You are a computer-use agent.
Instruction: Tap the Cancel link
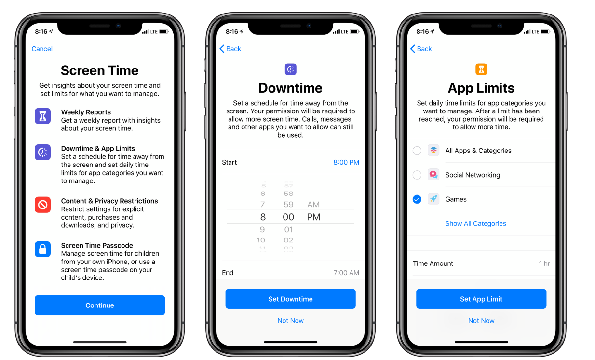tap(42, 49)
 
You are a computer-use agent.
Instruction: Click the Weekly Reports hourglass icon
tap(42, 116)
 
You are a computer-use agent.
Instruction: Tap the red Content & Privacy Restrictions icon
tap(42, 205)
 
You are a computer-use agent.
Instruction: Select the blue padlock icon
tap(42, 249)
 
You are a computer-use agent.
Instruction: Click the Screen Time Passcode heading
tap(97, 245)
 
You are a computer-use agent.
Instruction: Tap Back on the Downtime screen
tap(230, 49)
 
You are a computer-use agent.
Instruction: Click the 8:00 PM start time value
tap(346, 162)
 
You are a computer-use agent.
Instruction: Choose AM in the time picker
tap(313, 204)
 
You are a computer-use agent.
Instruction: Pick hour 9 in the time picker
tap(262, 229)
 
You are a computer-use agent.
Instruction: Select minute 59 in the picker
tap(288, 204)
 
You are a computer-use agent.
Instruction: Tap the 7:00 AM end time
tap(346, 273)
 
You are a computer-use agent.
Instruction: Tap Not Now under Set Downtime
tap(291, 321)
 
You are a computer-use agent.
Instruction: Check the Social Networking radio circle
tap(417, 175)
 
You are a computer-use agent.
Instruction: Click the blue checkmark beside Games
tap(417, 199)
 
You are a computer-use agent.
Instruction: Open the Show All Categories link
tap(476, 223)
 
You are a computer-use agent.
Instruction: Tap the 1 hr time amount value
tap(544, 263)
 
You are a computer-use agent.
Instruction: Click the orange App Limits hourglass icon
tap(481, 69)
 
